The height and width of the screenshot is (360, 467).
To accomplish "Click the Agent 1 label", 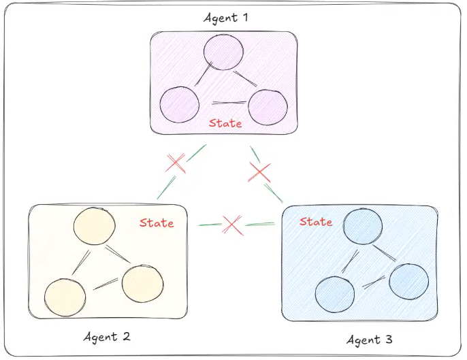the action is (226, 18).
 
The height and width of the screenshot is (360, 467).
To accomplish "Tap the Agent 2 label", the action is (107, 337).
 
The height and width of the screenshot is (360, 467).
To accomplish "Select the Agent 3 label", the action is (370, 340).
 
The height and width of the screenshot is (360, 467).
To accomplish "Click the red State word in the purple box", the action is (225, 123).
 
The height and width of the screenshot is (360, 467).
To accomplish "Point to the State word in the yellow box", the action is (157, 223).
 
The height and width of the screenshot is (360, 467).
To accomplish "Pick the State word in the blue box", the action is (316, 222).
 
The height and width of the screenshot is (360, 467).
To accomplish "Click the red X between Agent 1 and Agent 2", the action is (176, 163).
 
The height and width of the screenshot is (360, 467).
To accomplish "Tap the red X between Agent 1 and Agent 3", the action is (259, 172).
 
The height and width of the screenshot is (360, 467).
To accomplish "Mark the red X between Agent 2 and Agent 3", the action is (232, 225).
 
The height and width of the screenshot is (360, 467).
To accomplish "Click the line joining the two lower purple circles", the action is (229, 103).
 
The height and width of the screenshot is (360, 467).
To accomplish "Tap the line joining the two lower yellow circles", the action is (106, 284).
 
